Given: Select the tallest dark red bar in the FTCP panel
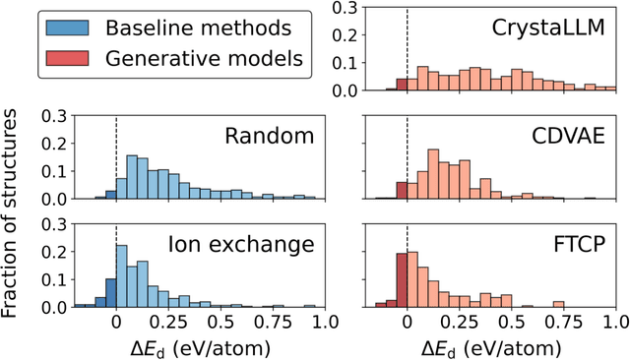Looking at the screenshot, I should [402, 281].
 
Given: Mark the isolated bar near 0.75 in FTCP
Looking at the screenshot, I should [559, 304].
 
